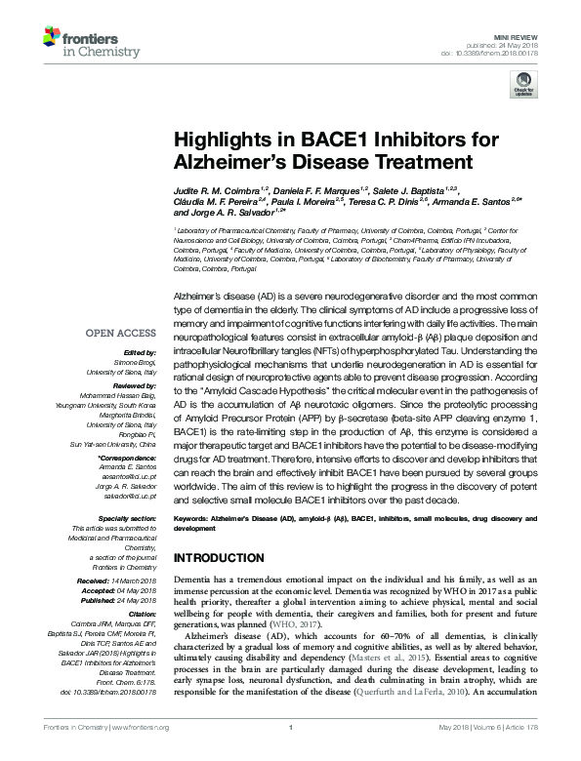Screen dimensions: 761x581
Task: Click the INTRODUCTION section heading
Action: (x=220, y=558)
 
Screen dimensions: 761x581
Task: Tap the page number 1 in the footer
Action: (x=291, y=754)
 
